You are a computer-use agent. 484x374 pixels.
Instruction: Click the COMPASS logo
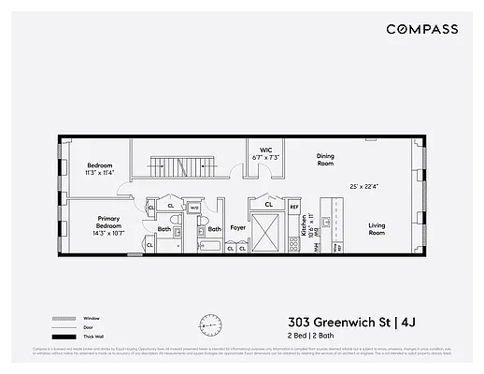[421, 29]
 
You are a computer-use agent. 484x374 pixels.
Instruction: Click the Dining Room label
[324, 160]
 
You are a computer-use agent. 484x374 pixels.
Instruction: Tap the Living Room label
[377, 227]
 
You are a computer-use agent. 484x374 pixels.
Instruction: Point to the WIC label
[266, 150]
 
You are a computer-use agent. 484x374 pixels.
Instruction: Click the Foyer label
[238, 228]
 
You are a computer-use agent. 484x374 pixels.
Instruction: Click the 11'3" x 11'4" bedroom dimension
[100, 173]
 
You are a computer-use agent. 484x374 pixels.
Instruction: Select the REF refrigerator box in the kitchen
[293, 207]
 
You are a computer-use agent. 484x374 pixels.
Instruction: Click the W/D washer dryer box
[194, 209]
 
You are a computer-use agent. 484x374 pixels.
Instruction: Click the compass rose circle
[211, 325]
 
